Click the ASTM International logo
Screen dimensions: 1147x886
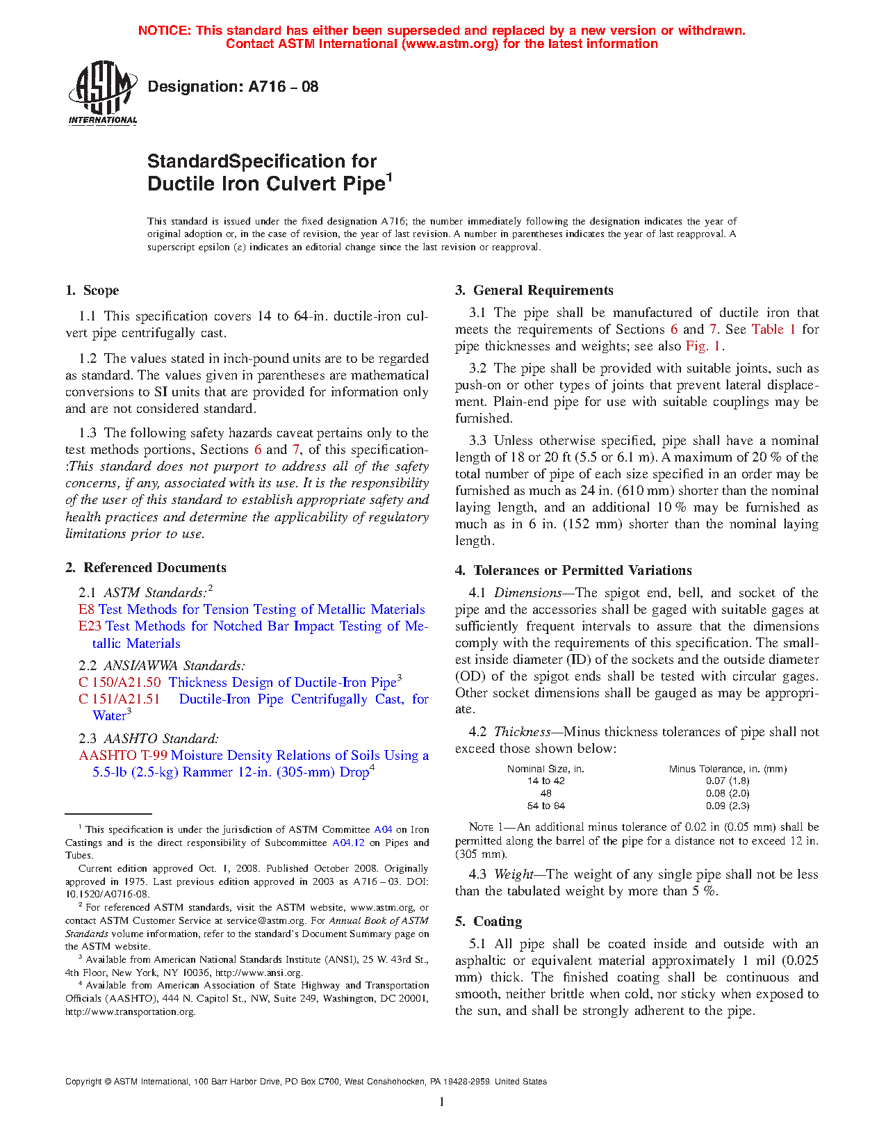[102, 93]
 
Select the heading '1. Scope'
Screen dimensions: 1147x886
[92, 291]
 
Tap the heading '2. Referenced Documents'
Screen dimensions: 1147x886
[145, 568]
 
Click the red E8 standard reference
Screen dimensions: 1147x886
[86, 610]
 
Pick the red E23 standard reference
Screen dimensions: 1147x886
[90, 626]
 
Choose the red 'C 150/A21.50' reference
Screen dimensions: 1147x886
[120, 683]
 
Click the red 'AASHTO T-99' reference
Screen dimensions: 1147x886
[123, 756]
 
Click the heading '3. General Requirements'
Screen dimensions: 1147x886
[534, 291]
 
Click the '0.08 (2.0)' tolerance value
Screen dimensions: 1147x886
[728, 794]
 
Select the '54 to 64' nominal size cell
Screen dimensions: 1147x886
[546, 806]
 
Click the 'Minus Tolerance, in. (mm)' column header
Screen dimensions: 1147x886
[728, 769]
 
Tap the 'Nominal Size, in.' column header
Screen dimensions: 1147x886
[545, 769]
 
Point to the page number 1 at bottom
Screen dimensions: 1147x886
[442, 1102]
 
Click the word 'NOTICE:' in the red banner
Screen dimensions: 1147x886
[165, 31]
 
